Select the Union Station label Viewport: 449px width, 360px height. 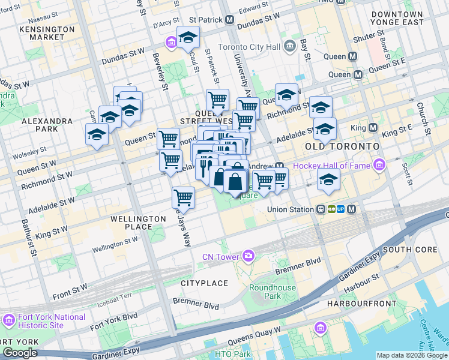(x=291, y=209)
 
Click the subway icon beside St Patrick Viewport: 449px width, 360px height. (x=230, y=20)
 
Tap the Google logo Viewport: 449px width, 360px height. (x=20, y=352)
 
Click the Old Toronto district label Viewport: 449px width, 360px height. (x=342, y=146)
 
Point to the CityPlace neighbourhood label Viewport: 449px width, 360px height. (x=204, y=282)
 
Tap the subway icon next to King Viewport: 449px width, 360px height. (x=373, y=128)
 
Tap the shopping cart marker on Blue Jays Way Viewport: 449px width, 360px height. (x=183, y=197)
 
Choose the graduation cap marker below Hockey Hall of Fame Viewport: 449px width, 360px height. (x=328, y=179)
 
